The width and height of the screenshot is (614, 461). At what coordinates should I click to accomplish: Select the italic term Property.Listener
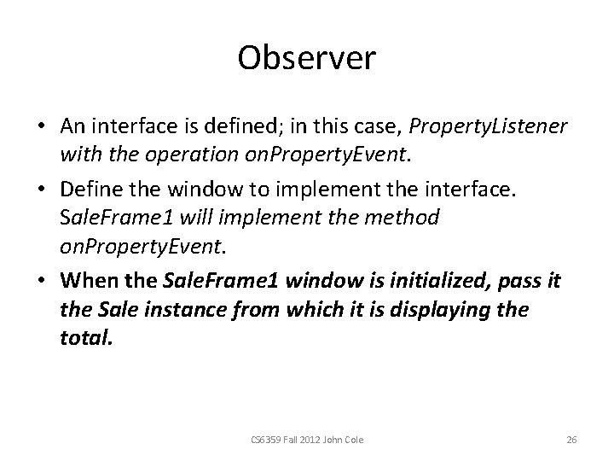tap(488, 125)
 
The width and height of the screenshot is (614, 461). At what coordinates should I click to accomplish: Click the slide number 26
tap(572, 439)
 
